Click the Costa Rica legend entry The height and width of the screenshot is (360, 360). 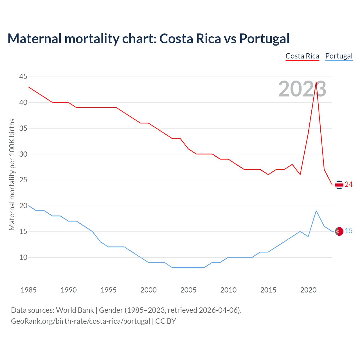(x=302, y=56)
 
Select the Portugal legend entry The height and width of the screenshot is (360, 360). (x=339, y=56)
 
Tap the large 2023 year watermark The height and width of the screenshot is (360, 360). (x=302, y=89)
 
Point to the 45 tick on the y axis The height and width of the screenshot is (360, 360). (x=23, y=77)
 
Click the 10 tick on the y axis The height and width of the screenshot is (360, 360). (x=23, y=257)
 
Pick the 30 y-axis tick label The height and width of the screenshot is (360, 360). (x=23, y=154)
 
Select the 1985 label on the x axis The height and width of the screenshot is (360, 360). (x=28, y=290)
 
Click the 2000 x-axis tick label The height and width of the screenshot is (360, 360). (x=148, y=290)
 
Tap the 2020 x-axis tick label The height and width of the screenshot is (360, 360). (x=308, y=290)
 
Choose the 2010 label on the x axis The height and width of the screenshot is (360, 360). (x=228, y=290)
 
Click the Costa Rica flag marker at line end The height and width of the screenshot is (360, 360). (x=339, y=185)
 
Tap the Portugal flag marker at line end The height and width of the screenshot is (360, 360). (x=339, y=231)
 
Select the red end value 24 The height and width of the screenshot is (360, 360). (x=349, y=184)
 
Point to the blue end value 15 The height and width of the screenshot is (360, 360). (x=349, y=231)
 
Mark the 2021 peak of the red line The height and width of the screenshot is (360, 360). (x=316, y=82)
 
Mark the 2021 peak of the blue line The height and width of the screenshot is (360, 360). (x=316, y=211)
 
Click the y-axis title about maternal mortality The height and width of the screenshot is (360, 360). (x=12, y=174)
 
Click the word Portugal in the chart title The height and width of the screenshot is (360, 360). (x=264, y=39)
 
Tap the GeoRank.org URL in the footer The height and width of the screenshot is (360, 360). (x=80, y=321)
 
